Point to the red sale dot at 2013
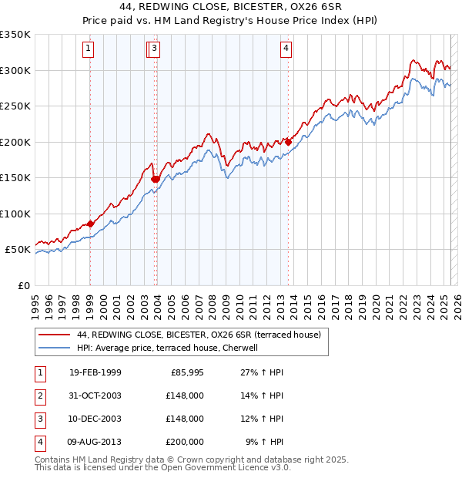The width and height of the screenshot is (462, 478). coord(288,142)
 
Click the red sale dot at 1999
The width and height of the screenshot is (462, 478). coord(90,224)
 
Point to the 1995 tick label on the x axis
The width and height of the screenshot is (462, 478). coord(35,303)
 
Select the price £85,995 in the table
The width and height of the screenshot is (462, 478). coord(185,372)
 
